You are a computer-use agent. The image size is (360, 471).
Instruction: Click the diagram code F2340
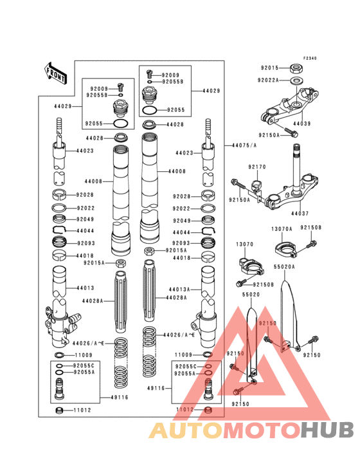point(310,59)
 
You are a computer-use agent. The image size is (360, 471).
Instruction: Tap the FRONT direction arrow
point(56,73)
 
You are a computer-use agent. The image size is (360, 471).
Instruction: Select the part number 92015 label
point(270,68)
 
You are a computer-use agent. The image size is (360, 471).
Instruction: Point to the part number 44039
point(302,123)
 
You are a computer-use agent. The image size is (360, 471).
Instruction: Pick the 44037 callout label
point(299,212)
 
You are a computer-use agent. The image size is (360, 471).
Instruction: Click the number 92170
point(257,167)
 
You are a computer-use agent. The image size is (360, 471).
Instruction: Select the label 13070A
point(281,228)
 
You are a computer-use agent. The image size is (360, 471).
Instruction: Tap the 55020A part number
point(284,266)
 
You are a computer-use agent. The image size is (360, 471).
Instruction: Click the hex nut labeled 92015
point(298,67)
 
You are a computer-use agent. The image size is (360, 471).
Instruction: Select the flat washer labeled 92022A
point(298,80)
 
